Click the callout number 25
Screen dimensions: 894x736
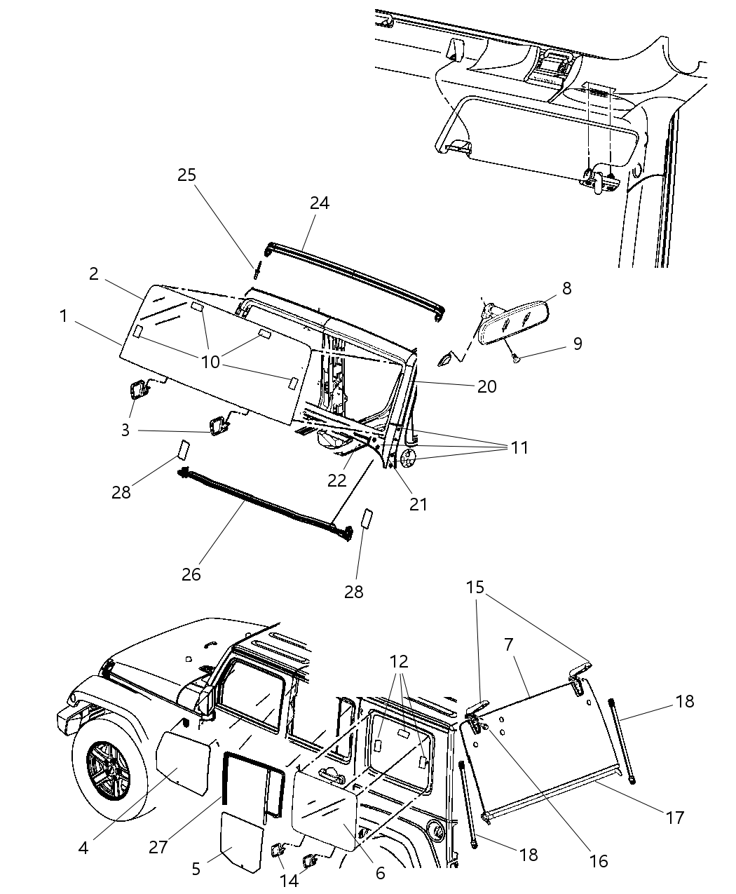pos(186,175)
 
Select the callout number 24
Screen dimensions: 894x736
pos(320,203)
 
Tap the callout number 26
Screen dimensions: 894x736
pos(191,575)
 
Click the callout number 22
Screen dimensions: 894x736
pos(337,480)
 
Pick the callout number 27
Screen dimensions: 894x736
pos(158,847)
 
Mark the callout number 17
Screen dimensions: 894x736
pos(674,817)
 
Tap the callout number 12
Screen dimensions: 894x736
pos(399,662)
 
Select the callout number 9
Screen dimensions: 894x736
pos(577,344)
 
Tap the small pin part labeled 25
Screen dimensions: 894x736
pos(257,271)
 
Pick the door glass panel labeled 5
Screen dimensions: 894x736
pos(242,841)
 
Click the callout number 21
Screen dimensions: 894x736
pos(418,504)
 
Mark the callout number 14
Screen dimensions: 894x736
pos(289,880)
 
